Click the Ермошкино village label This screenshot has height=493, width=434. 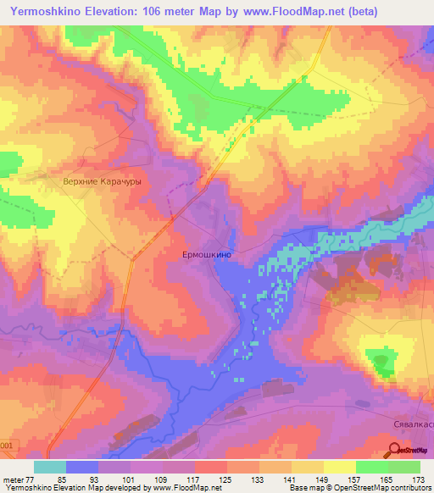207,253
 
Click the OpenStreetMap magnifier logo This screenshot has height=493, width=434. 395,451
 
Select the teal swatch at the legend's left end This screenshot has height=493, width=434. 49,467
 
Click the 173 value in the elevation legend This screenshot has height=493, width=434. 418,479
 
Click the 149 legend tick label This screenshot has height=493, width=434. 320,479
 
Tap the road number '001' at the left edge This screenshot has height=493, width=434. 6,445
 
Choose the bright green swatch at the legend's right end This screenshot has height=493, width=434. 404,467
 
